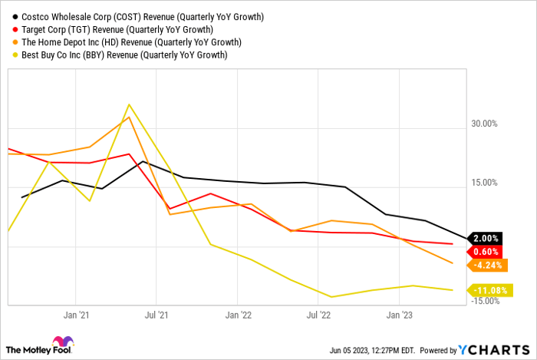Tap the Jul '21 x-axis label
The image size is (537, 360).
click(x=157, y=315)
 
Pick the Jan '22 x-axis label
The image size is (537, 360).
click(x=239, y=315)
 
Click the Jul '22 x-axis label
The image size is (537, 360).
click(x=319, y=315)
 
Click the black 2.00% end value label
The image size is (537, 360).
click(x=486, y=238)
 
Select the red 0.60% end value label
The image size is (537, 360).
click(x=486, y=251)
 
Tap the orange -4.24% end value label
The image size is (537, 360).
click(x=487, y=265)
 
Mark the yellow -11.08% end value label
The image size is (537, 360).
click(x=490, y=289)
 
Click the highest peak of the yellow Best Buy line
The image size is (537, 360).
click(x=129, y=104)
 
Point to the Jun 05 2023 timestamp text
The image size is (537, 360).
click(x=364, y=350)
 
